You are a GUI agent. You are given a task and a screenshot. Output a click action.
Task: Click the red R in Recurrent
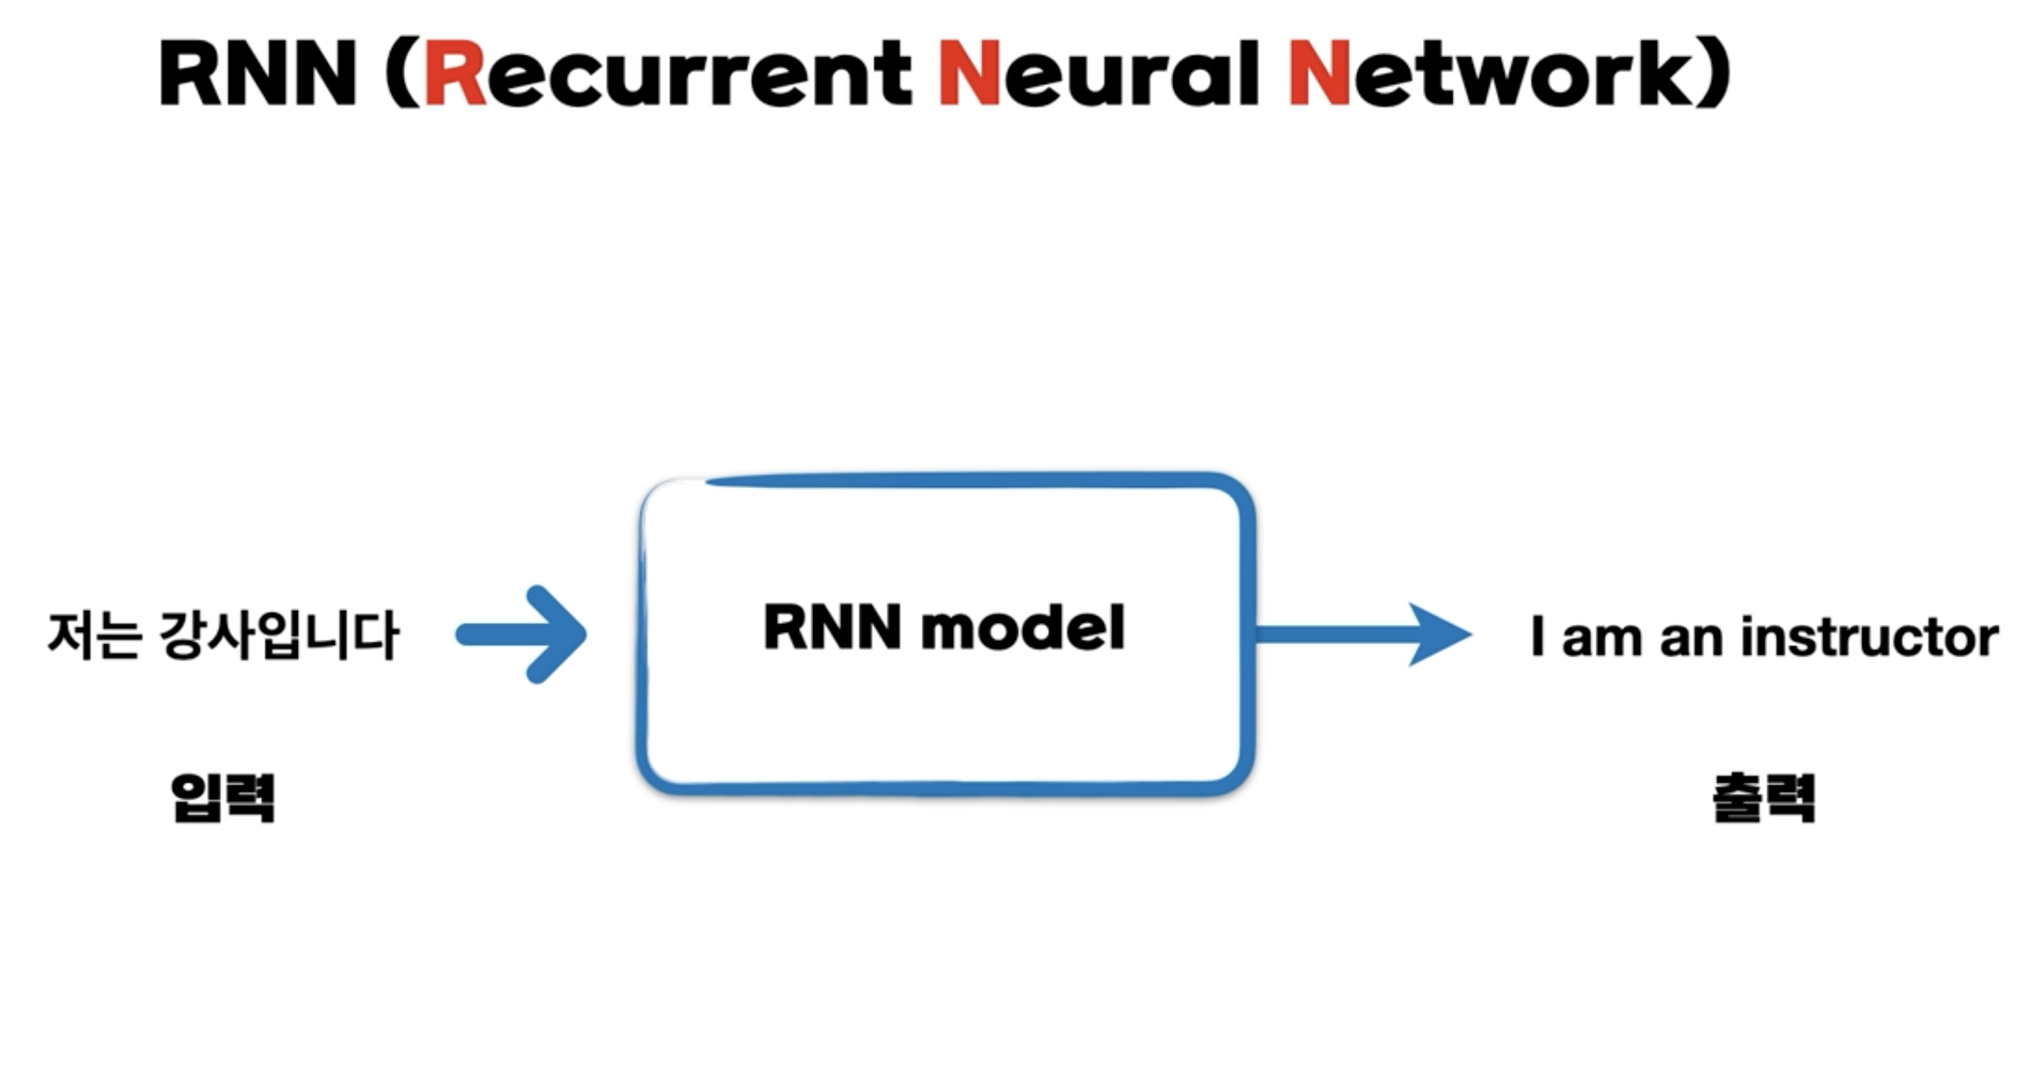click(455, 74)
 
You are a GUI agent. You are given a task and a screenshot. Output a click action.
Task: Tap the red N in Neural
click(969, 74)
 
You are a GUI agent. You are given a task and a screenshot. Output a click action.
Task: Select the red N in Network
click(1319, 74)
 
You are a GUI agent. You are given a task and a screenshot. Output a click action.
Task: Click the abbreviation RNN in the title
click(258, 74)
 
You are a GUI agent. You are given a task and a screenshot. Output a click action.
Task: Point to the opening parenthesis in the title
click(402, 74)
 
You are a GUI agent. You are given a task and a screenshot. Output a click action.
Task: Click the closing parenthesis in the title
click(1715, 74)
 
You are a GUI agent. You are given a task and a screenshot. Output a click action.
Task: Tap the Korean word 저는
click(95, 635)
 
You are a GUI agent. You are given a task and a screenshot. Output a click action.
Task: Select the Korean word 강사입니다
click(280, 635)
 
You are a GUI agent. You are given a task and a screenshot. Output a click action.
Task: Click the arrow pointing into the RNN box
click(522, 635)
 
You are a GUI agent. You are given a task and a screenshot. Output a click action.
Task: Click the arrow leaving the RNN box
click(1363, 635)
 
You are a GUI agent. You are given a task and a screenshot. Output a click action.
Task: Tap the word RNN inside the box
click(832, 627)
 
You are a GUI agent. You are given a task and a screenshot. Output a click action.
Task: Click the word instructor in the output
click(1870, 636)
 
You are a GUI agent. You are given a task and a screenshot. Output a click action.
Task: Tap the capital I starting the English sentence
click(1537, 636)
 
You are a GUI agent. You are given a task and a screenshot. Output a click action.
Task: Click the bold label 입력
click(223, 797)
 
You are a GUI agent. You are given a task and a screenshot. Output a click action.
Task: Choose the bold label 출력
click(1765, 797)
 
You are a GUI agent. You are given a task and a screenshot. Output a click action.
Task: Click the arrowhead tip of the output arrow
click(1471, 635)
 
